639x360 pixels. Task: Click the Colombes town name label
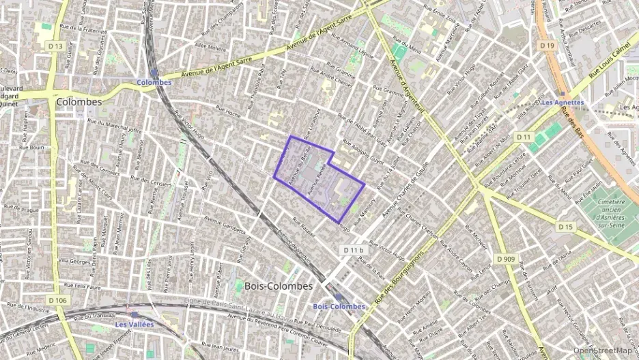pyautogui.click(x=79, y=102)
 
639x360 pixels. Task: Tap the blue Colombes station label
pyautogui.click(x=154, y=82)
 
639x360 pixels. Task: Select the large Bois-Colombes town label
pyautogui.click(x=278, y=286)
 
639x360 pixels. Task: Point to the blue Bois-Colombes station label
pyautogui.click(x=339, y=306)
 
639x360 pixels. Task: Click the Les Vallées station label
pyautogui.click(x=134, y=324)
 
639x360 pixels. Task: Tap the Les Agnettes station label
pyautogui.click(x=562, y=102)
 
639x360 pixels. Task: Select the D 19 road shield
pyautogui.click(x=545, y=45)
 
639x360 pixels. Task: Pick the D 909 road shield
pyautogui.click(x=506, y=259)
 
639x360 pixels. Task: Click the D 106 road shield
pyautogui.click(x=58, y=299)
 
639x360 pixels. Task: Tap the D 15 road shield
pyautogui.click(x=565, y=226)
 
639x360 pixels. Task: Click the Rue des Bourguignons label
pyautogui.click(x=401, y=279)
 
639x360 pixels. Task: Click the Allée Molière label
pyautogui.click(x=210, y=48)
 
